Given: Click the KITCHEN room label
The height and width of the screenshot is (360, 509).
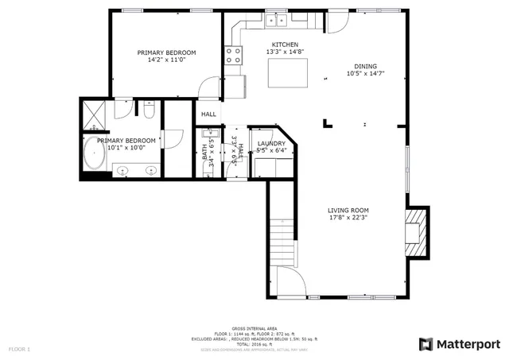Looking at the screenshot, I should tap(285, 45).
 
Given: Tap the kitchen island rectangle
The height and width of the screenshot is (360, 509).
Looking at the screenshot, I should tap(285, 73).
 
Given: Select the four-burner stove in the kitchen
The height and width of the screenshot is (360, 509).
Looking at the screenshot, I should tap(235, 55).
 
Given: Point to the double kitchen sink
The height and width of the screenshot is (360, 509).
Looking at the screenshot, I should tap(277, 19).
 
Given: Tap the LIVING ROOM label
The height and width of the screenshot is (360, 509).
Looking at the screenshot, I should tap(348, 211).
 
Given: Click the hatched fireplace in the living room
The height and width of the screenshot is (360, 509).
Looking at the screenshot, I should tap(415, 231).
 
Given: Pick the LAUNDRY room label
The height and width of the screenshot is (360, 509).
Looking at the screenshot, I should tap(271, 143).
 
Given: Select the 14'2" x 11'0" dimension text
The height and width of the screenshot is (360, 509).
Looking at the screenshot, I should tap(166, 60).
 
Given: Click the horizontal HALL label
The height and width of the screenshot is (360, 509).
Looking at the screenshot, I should tap(208, 114).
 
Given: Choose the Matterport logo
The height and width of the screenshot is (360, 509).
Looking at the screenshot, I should tap(459, 343).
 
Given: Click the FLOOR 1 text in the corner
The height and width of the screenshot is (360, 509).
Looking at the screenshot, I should tap(19, 349).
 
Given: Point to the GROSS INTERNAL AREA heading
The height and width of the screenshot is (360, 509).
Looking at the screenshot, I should tap(254, 328).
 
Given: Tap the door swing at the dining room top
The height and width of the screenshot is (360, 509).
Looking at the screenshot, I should tap(336, 25).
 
